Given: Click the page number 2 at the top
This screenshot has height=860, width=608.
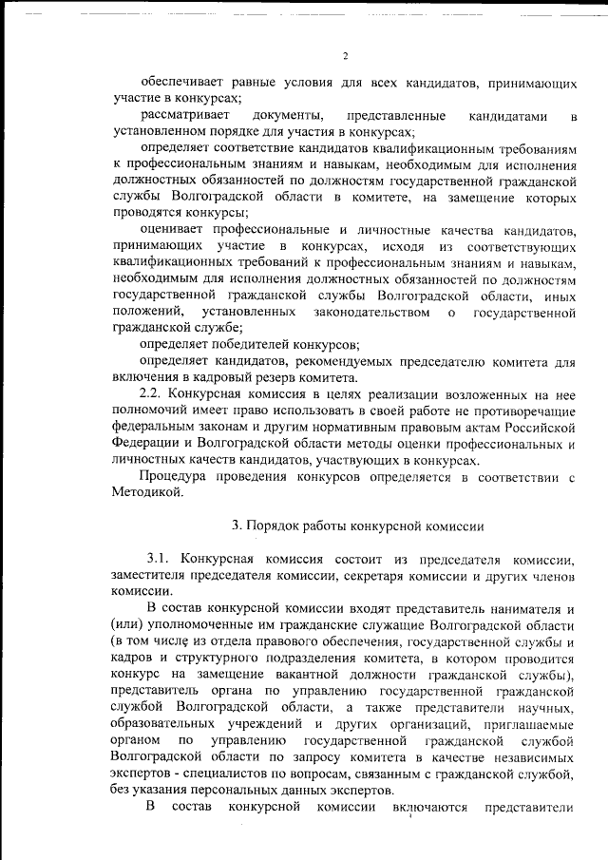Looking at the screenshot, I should (346, 56).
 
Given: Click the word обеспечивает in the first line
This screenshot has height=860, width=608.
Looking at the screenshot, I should (183, 82).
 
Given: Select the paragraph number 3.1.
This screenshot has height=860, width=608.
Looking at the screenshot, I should (158, 556).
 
